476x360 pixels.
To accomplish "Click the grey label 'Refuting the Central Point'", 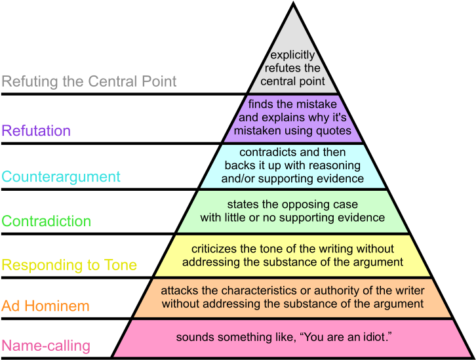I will [x=89, y=82].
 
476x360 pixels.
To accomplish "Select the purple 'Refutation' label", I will [x=36, y=130].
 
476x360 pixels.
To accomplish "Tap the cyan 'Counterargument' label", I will [x=61, y=177].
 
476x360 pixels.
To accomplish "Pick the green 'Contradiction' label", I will [x=47, y=221].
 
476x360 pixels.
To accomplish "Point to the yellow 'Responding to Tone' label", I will [x=69, y=266].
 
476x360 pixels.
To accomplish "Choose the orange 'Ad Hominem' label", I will [x=45, y=306].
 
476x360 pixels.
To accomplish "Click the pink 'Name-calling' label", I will [x=46, y=346].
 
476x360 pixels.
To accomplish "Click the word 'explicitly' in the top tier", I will [x=292, y=55].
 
